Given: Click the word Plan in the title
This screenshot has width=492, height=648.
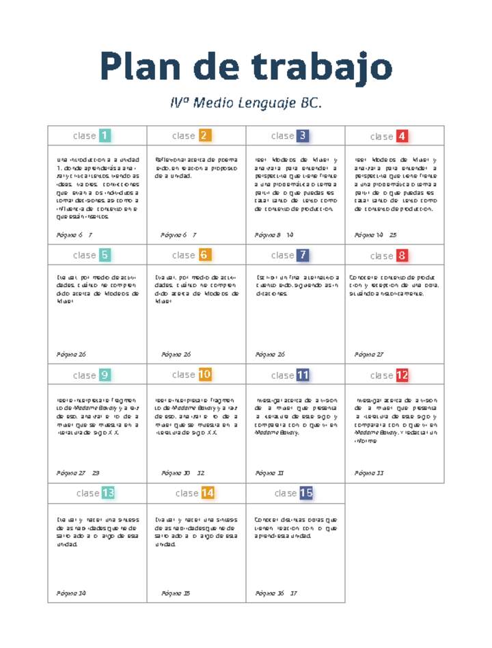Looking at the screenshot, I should pos(140,68).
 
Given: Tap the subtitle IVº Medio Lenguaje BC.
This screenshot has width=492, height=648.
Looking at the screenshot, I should pos(246,104).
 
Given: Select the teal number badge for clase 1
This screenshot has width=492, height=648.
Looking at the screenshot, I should pos(105,135).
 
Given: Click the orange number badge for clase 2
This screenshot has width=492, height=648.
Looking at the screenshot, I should pos(204,135).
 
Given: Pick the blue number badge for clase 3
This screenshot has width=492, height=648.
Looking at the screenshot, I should pos(303,135).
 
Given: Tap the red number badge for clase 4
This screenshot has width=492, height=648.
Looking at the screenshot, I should pos(402,136).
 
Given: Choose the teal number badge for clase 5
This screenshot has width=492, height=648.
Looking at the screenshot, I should pos(105,255).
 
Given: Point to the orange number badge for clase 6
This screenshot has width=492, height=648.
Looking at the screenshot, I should pos(204,255).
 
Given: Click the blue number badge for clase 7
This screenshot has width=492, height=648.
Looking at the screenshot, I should pos(303,255).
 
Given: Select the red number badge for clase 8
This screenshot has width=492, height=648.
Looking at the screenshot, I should pos(402,256).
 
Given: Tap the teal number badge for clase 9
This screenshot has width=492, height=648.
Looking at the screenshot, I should pos(105,375).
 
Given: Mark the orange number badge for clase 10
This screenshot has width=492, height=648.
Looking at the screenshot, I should pos(205,374).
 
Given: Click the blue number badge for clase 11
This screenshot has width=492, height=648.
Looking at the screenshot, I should pos(303,375).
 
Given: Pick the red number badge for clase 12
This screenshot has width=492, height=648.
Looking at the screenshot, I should pos(402,375).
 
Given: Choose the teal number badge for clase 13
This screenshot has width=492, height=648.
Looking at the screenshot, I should pos(108,493).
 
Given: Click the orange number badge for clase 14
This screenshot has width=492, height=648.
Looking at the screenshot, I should pos(207,492).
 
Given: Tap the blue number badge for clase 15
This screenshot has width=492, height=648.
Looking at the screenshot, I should pos(305,492).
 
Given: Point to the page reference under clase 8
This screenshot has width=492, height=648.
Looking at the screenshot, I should pos(369,355).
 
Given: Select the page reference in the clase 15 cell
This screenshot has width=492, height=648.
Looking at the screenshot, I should pos(276,593).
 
